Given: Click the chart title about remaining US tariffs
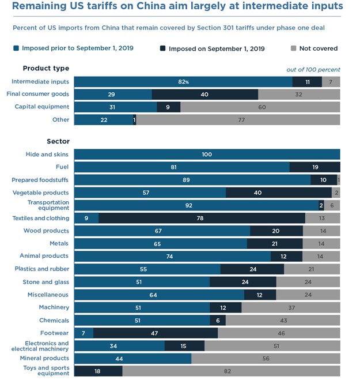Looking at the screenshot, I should pos(177,7).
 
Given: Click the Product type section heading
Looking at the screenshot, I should pos(46,69).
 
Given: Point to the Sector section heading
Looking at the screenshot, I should pos(58,141).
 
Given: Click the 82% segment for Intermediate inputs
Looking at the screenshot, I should pos(183,82).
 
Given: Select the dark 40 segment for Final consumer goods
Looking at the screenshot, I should pos(205,94).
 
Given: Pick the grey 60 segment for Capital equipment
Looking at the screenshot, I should pos(260,107).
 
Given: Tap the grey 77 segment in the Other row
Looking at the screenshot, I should pos(238,119).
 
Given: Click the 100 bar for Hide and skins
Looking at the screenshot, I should pos(207,154).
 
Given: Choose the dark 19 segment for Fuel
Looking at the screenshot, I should pos(314,167).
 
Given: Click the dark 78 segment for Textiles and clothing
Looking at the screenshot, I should pos(202,218).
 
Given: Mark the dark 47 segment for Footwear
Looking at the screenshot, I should pos(156,333).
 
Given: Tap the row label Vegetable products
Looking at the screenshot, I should pos(40,193).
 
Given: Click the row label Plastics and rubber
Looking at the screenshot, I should pos(41,269).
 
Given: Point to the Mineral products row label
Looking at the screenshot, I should pos(44,358).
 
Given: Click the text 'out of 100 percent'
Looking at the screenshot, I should pos(313,70).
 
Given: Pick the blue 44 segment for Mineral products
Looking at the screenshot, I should pos(132,358).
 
